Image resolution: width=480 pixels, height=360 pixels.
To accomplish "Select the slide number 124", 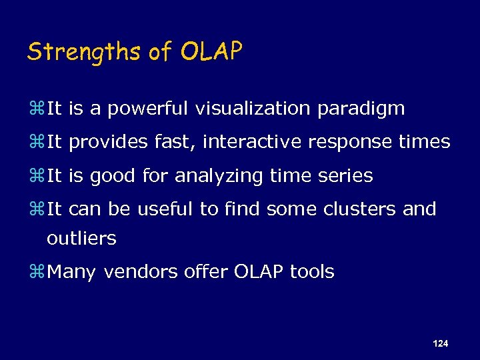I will coord(440,343).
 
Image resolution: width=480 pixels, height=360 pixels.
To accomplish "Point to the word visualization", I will coord(255,109).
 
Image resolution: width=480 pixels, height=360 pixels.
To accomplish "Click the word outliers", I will coord(82,238).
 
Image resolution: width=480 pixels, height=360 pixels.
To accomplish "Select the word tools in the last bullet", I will coord(311,272).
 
